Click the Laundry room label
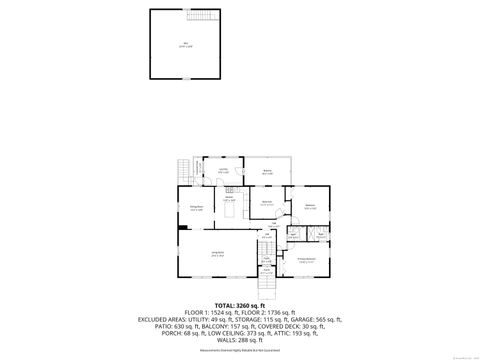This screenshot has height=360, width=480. tap(224, 170)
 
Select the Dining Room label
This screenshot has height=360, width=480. tap(197, 208)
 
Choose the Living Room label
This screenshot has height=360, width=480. tap(217, 254)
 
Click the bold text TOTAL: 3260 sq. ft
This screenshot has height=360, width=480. tap(239, 305)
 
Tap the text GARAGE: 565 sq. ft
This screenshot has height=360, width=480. tap(319, 319)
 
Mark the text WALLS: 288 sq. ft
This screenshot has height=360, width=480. tap(239, 340)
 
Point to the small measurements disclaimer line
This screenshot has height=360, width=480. tap(239, 351)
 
